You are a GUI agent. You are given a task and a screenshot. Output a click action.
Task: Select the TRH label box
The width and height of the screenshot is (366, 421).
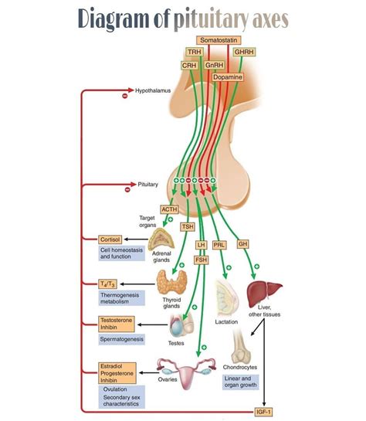coord(194,53)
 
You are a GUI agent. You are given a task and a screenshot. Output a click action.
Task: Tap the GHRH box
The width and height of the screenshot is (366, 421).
coord(244,53)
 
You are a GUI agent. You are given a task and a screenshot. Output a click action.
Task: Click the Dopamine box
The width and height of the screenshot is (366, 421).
coord(238,77)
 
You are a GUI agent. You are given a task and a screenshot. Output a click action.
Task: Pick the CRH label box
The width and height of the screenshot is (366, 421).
coord(188,66)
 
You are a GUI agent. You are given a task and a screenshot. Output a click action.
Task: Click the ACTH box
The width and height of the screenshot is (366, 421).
coord(169,209)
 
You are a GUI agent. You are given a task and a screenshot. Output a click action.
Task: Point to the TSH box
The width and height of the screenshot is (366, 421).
coord(188,226)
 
